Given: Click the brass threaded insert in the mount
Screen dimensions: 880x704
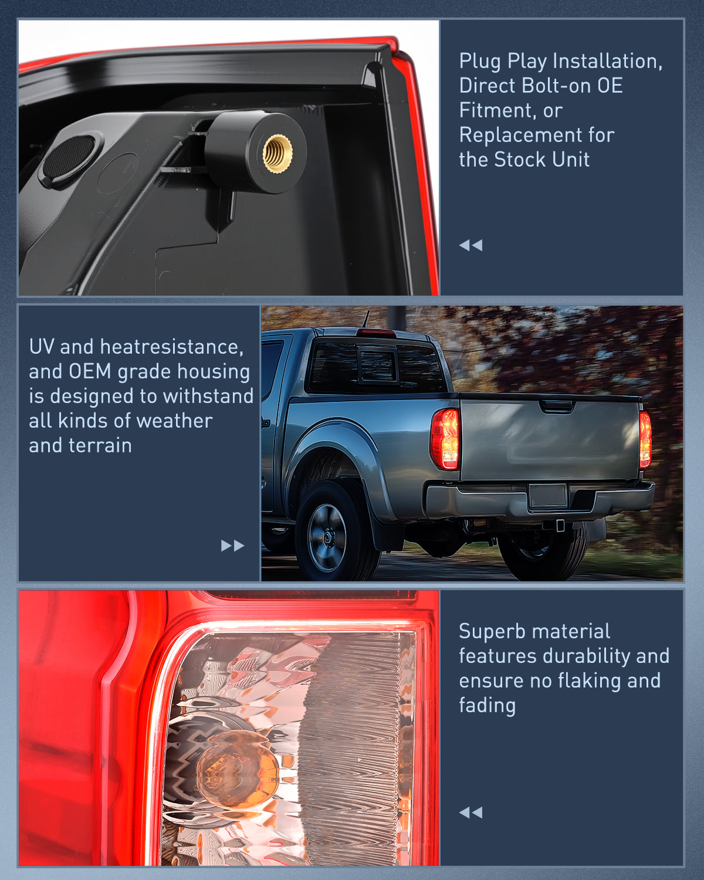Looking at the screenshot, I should tap(277, 152).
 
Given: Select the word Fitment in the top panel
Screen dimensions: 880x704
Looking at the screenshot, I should tap(497, 110).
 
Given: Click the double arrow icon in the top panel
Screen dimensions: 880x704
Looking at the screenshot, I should tap(471, 245).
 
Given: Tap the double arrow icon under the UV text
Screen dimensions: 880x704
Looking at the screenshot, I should tap(232, 546).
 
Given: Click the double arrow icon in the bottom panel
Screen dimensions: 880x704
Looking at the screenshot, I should tap(471, 813).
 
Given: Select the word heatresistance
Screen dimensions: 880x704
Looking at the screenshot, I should tap(171, 347).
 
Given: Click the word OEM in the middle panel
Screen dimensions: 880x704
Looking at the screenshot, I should tap(90, 371).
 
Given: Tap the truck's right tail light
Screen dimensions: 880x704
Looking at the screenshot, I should tap(645, 439).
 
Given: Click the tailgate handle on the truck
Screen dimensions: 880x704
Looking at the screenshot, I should tap(556, 405).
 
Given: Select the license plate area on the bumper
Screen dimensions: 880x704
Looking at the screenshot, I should tap(547, 496).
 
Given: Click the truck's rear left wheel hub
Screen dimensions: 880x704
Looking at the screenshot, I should tap(327, 538).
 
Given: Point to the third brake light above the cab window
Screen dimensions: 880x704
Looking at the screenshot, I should tap(376, 333).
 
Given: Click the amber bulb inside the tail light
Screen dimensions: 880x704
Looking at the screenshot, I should tap(237, 769).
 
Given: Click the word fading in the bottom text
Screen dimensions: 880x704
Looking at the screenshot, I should tap(487, 705).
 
